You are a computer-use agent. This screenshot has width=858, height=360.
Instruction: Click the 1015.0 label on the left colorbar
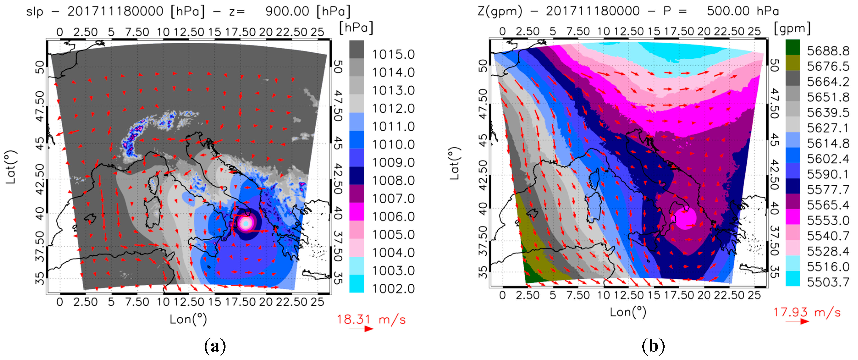coord(393,54)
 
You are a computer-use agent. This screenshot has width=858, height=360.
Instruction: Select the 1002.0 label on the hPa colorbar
coord(393,289)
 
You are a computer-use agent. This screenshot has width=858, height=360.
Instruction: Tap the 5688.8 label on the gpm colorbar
coord(828,51)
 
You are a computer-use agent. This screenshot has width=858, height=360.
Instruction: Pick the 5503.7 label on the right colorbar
coord(828,282)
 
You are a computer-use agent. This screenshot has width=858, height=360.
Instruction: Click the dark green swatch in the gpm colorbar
coord(792,47)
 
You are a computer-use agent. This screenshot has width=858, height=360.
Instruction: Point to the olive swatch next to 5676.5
coord(792,63)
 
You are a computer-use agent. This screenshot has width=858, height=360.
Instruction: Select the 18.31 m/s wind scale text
coord(371,319)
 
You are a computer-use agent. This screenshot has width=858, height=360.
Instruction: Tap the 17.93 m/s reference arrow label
coord(807,312)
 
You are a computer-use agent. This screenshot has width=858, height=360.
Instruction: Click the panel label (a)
coord(215,346)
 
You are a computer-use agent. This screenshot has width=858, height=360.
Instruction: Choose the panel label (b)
coord(653,346)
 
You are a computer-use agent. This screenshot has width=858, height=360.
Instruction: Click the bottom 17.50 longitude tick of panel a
coord(240,302)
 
